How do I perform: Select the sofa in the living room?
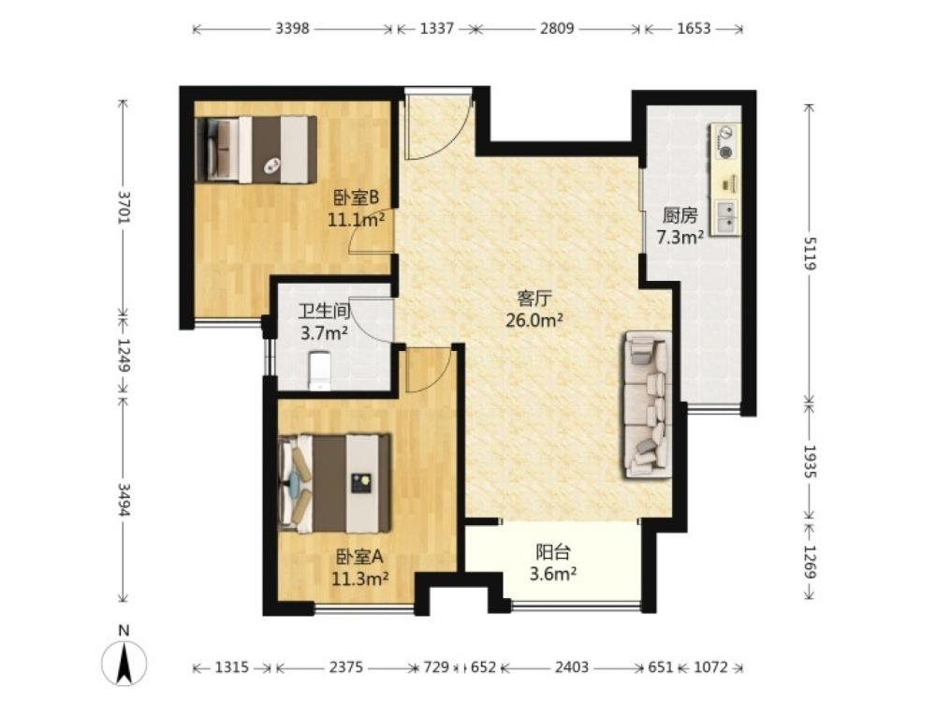(649, 404)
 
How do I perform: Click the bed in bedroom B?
(256, 149)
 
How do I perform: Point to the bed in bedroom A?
(335, 483)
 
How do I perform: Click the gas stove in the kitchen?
(724, 142)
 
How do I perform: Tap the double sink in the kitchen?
(726, 217)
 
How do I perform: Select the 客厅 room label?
(534, 298)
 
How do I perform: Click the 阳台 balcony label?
(553, 551)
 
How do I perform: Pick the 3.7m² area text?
(324, 332)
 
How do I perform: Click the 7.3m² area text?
(680, 238)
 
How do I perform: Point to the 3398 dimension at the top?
(292, 28)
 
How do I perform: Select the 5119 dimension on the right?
(810, 253)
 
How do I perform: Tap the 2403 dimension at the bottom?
(572, 666)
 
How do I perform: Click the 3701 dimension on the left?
(124, 207)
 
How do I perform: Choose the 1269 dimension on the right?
(810, 561)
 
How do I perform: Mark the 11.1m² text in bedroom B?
(356, 220)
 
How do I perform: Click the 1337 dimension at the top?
(437, 28)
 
